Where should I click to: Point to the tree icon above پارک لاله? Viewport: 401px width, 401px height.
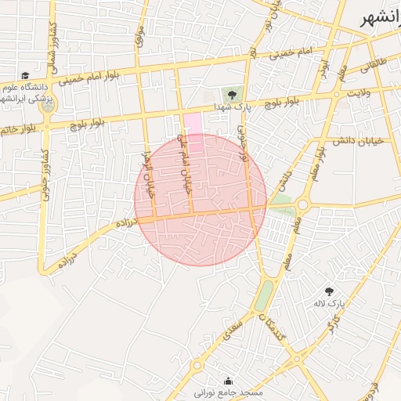(328, 291)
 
